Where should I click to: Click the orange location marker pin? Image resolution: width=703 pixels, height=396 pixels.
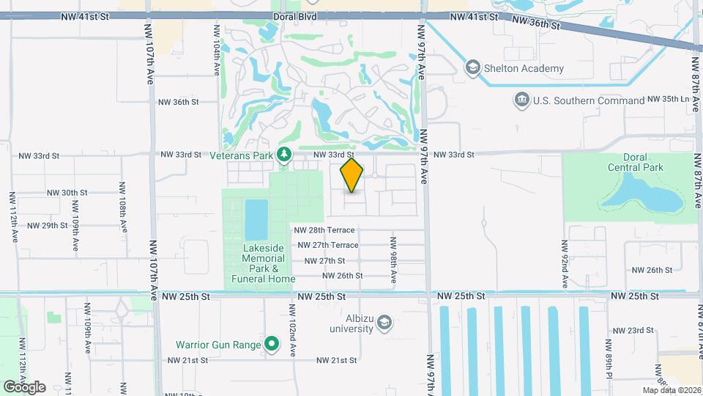tap(352, 175)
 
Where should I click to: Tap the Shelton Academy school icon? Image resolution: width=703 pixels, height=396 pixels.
tap(472, 68)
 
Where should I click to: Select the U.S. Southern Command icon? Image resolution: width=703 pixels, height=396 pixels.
tap(522, 100)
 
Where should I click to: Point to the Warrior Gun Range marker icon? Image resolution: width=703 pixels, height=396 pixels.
tap(272, 343)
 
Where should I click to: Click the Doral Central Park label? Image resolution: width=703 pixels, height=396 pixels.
tap(635, 162)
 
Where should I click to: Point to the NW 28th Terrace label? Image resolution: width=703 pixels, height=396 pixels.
tap(325, 230)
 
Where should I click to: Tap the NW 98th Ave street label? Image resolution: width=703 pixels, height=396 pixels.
tap(393, 260)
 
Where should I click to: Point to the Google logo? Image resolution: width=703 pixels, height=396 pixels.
tap(25, 386)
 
